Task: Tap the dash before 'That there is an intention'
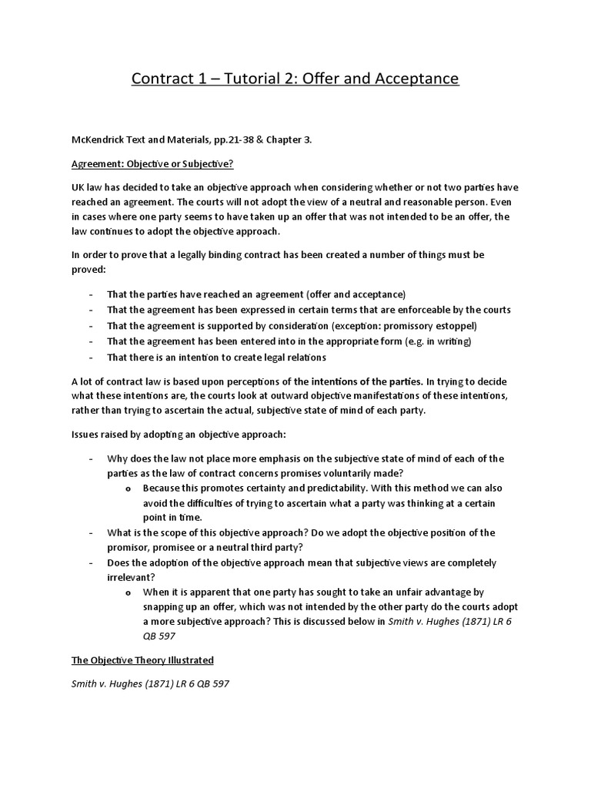[x=91, y=358]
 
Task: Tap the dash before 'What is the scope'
[x=91, y=532]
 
